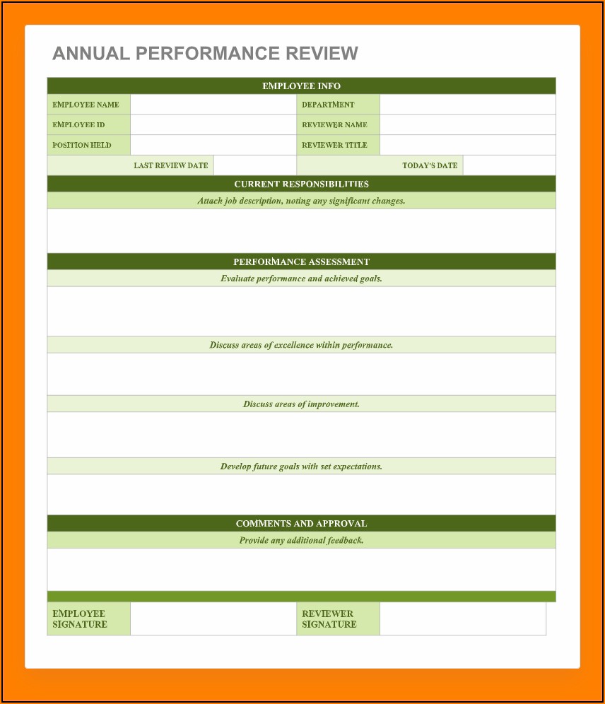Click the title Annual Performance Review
point(205,54)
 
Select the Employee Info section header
point(301,86)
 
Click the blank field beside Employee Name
point(213,105)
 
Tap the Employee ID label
point(78,125)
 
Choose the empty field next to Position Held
point(213,145)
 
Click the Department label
point(328,105)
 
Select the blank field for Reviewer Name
point(467,125)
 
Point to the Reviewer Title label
point(334,145)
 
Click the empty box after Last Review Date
point(254,165)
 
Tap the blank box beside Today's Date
point(509,165)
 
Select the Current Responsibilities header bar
point(301,184)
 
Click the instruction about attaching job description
point(301,201)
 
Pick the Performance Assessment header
point(301,262)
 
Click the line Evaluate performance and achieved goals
point(301,278)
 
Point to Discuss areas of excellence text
point(301,345)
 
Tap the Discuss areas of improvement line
point(301,404)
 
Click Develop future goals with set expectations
point(301,467)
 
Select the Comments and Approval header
point(301,524)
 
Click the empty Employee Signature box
point(213,619)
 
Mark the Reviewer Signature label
point(328,619)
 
